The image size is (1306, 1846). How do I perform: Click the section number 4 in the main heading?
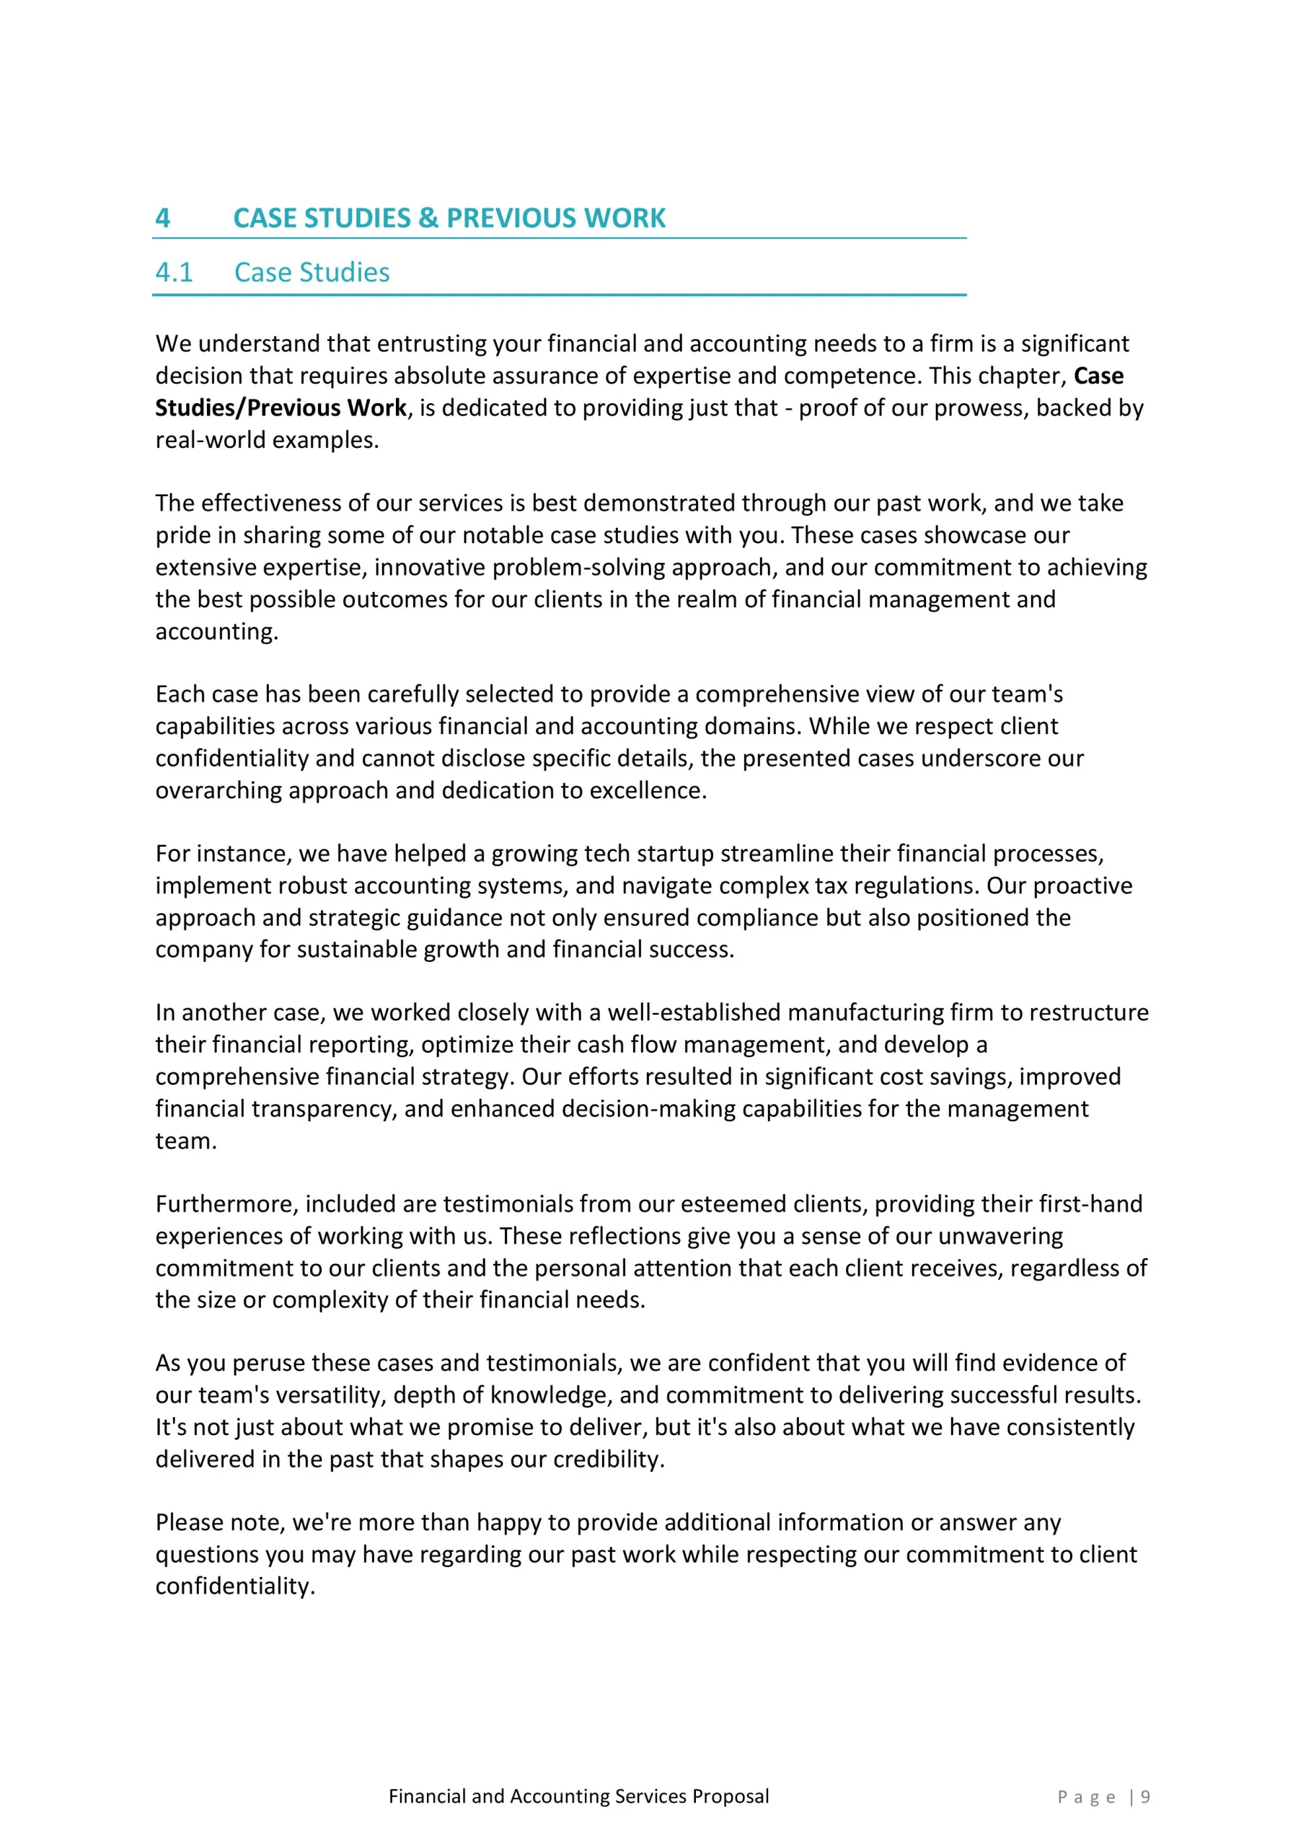(162, 218)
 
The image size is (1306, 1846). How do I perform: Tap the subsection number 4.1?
(174, 273)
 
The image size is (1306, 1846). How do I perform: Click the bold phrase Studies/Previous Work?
(281, 407)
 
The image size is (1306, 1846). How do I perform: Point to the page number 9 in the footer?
(1146, 1797)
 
